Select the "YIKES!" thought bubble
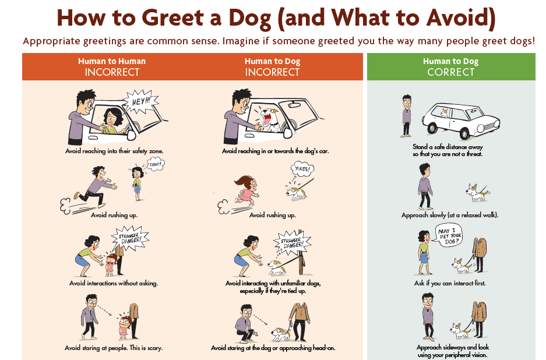302,169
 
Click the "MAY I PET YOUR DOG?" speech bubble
449,235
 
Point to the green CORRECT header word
450,72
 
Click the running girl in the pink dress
247,190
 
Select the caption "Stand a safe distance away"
448,147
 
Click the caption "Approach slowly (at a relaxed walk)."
450,215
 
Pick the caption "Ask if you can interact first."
449,283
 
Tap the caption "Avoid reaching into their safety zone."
114,151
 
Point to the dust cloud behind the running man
66,206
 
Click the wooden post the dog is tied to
301,252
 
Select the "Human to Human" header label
112,61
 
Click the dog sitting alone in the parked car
445,113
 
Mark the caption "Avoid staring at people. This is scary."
114,348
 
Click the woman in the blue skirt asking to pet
424,252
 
